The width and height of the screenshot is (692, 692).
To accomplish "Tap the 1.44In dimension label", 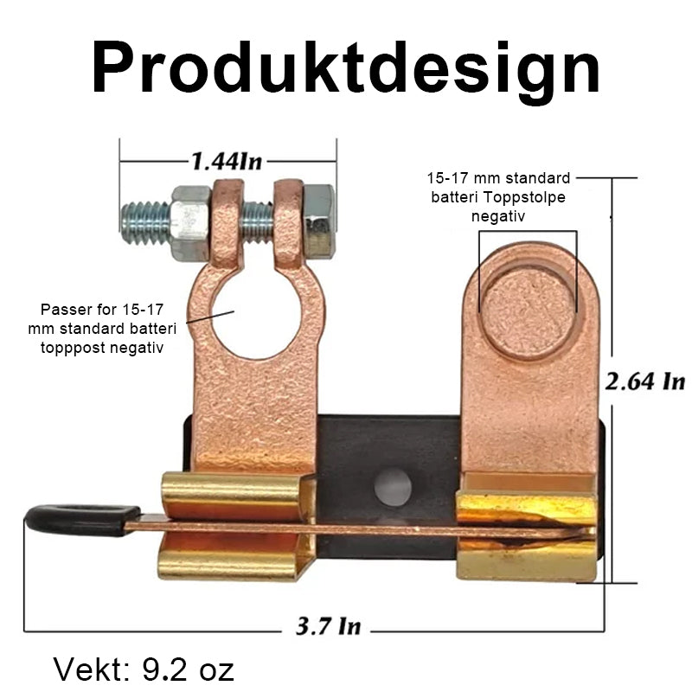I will (227, 161).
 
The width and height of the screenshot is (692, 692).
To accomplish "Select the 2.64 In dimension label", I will (644, 381).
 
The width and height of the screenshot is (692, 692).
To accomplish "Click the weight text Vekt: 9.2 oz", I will (144, 669).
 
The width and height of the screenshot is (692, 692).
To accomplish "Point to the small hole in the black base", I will (392, 486).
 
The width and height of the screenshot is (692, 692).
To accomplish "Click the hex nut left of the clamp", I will (189, 222).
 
